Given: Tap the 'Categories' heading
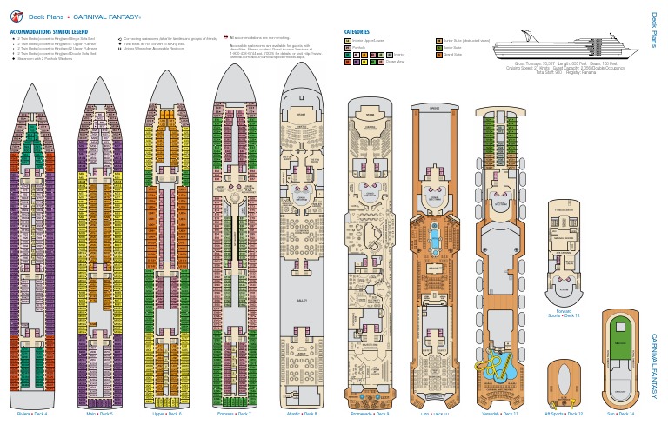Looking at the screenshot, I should point(357,32).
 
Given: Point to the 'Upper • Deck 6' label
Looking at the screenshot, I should point(166,414).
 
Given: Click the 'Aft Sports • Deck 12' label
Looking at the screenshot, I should point(564,414).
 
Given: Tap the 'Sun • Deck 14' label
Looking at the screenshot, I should point(621,414).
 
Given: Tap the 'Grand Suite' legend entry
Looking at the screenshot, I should point(452,54).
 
